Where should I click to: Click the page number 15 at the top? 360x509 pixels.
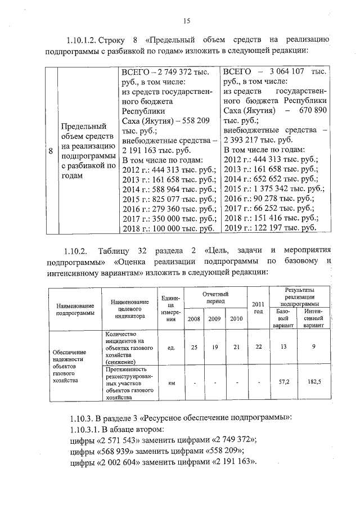(x=186, y=21)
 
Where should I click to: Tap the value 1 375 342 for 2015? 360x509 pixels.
(x=273, y=188)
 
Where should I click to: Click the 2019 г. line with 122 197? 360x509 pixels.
(x=269, y=229)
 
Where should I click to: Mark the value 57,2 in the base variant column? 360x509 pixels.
(x=283, y=382)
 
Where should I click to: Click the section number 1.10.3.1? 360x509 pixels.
(x=84, y=429)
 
